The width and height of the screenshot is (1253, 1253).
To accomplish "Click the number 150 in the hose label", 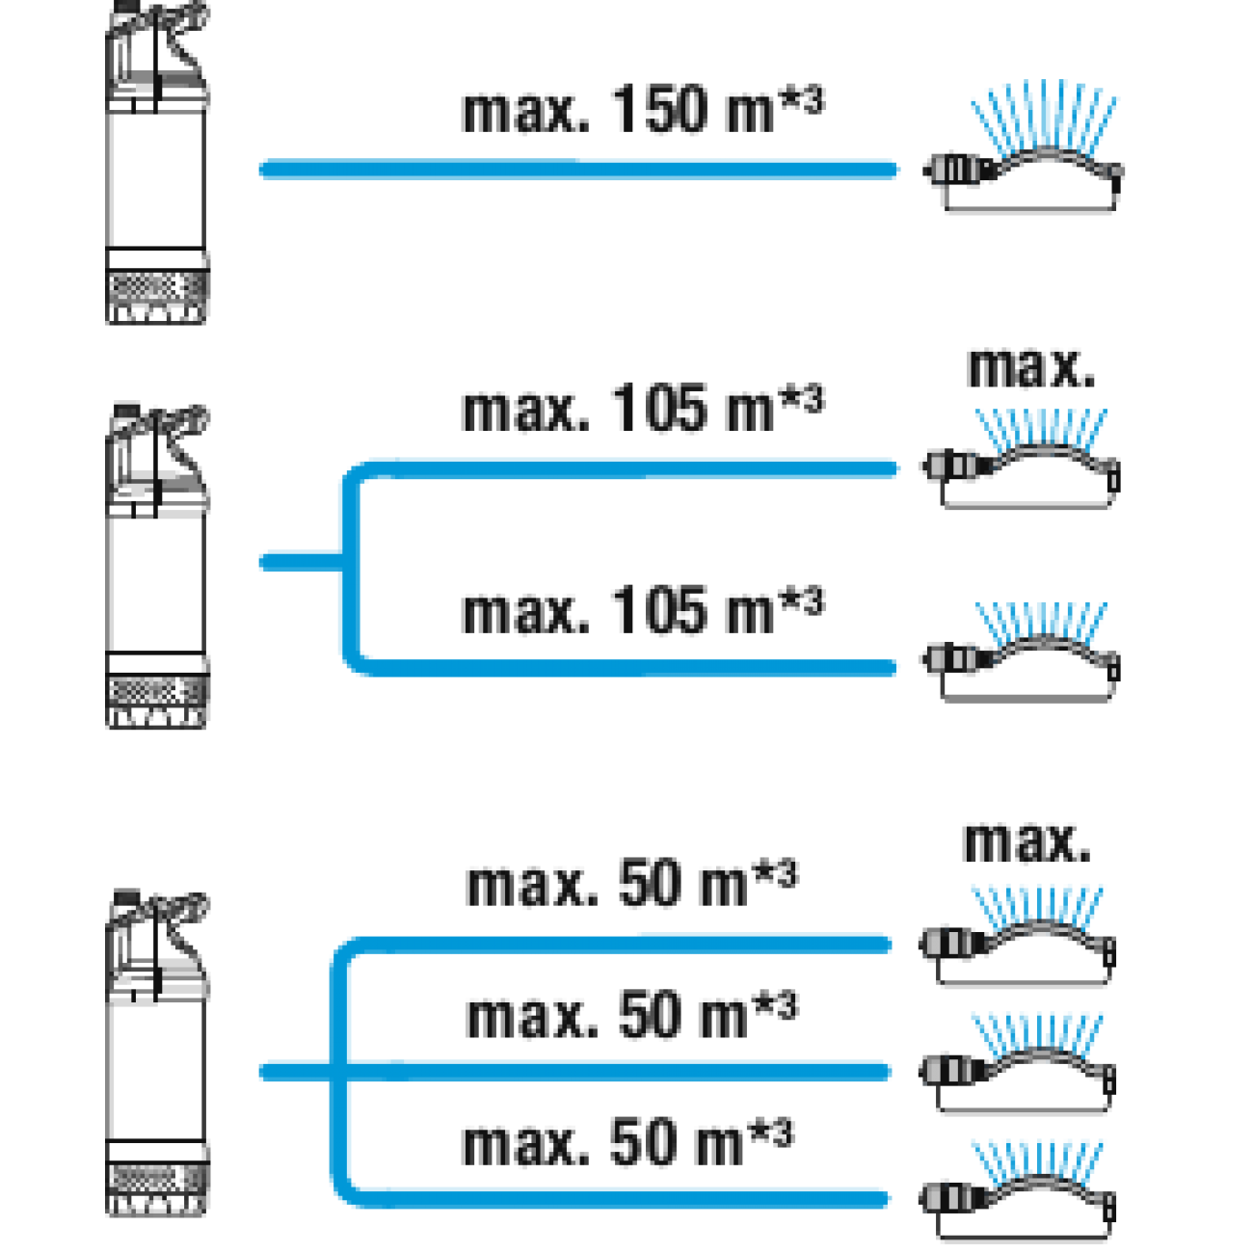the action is [659, 109].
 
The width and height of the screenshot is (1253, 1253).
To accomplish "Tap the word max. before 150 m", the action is [524, 112].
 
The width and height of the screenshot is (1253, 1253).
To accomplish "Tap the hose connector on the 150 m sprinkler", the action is [960, 171].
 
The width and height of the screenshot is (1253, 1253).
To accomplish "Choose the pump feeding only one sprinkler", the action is [157, 162].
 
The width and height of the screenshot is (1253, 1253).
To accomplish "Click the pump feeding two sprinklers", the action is [157, 566].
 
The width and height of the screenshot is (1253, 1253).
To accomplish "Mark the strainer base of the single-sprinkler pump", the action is [157, 297].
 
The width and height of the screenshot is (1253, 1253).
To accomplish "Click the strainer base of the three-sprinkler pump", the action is [157, 1189].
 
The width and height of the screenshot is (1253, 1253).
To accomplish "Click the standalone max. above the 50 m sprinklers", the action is [1026, 843].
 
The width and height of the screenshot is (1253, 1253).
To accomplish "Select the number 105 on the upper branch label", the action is [659, 409].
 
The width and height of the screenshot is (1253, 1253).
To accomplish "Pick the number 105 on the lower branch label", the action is [659, 610].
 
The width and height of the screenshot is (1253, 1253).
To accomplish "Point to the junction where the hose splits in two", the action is [351, 562].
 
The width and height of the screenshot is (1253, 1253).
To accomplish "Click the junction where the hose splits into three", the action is [338, 1072].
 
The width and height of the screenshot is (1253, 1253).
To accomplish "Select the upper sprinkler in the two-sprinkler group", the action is [1021, 459].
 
